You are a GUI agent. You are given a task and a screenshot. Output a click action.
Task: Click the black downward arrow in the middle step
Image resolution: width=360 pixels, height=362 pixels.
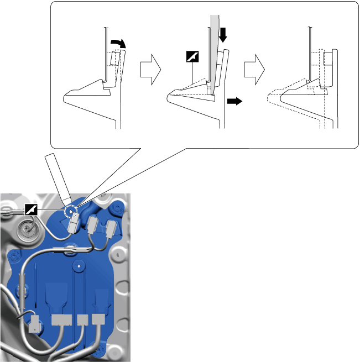[223, 36]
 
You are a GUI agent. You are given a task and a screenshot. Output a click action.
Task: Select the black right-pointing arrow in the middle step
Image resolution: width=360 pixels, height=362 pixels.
[234, 102]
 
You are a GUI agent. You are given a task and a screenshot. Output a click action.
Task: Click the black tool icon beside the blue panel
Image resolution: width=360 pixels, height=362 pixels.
[32, 209]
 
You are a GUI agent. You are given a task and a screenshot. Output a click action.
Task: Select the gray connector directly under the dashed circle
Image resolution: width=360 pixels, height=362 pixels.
[74, 226]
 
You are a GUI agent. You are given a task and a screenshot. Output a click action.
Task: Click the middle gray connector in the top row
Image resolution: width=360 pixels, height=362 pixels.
[93, 224]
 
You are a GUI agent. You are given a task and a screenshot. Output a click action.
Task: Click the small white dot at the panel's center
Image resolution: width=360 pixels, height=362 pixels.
[80, 266]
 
